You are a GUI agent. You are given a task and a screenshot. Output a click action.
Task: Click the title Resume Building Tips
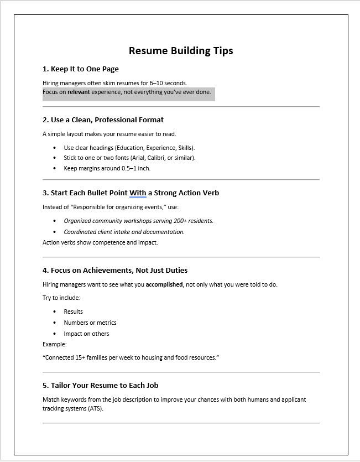click(181, 51)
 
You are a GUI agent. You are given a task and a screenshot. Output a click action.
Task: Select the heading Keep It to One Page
click(81, 69)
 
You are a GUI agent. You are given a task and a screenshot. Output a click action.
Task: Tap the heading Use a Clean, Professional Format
click(103, 120)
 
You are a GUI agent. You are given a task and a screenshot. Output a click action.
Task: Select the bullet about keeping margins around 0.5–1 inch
click(107, 168)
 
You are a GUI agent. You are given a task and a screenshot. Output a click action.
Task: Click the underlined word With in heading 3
click(138, 193)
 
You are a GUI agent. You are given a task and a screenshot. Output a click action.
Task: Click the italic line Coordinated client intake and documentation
click(124, 232)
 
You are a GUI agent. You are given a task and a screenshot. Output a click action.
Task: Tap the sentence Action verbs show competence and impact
click(100, 242)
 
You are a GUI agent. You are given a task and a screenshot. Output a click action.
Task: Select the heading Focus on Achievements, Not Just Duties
click(115, 271)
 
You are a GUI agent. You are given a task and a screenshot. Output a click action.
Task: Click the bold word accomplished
click(164, 284)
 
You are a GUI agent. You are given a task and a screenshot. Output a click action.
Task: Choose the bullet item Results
click(73, 312)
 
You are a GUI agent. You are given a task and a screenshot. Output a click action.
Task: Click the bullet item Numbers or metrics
click(90, 323)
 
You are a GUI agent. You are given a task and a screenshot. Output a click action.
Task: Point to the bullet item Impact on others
click(86, 334)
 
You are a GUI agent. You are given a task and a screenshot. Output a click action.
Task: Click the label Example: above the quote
click(55, 344)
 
